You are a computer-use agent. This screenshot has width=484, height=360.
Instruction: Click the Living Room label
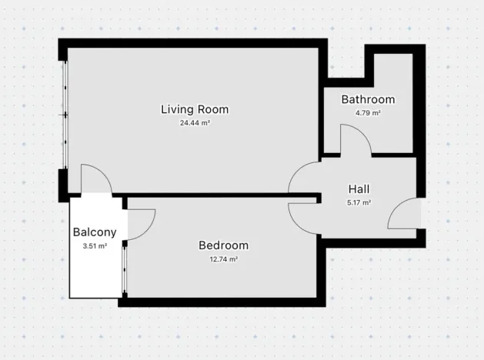(194, 109)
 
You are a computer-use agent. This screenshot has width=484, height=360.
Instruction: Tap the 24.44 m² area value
(194, 123)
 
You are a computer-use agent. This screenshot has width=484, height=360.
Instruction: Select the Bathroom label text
(368, 99)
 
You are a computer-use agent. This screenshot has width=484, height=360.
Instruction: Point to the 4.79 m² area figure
(368, 113)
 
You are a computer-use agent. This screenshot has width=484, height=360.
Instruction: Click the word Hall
(359, 189)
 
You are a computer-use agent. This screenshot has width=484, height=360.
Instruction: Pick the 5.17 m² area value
(359, 203)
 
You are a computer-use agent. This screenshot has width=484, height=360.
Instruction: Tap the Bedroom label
(223, 245)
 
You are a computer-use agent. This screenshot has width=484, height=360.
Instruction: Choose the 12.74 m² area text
(223, 259)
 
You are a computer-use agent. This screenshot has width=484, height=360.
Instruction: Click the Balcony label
(94, 232)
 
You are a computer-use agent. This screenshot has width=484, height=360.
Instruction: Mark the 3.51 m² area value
(94, 246)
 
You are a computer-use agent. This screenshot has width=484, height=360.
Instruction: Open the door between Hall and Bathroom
(355, 142)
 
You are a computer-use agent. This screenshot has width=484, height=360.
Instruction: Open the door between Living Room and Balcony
(96, 180)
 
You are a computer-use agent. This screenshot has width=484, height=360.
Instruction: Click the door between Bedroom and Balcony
(142, 224)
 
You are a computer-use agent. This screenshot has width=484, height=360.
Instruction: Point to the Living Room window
(65, 115)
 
